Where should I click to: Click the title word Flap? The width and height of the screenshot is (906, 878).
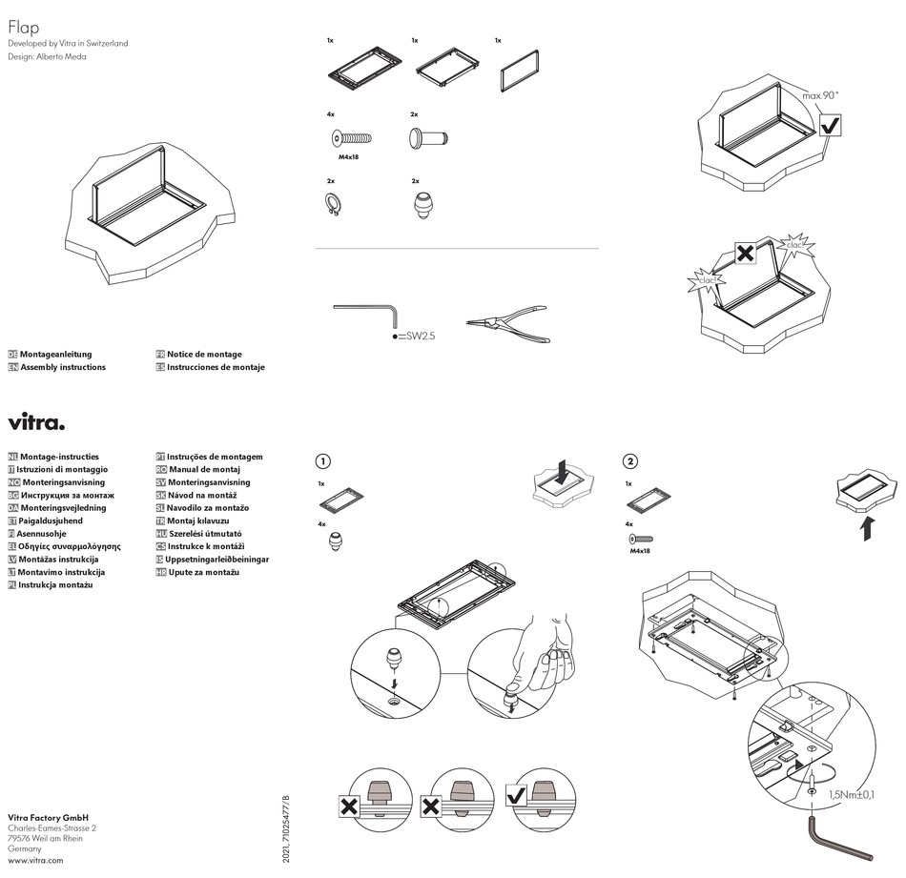click(23, 28)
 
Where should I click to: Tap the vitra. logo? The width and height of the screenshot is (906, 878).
click(36, 422)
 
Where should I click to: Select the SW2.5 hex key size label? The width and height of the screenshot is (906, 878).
click(418, 337)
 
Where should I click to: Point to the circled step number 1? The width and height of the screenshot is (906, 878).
click(323, 461)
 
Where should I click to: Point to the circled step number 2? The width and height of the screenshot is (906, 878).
click(629, 461)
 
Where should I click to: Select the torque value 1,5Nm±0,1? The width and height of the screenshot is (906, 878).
click(852, 794)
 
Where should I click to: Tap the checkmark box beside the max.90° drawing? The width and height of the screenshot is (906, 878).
click(830, 125)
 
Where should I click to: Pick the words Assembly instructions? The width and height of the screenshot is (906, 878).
click(62, 367)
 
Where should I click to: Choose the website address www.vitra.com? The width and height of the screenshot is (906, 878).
click(35, 860)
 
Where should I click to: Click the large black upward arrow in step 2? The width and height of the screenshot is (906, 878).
click(867, 526)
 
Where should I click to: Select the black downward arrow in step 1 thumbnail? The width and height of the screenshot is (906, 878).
click(563, 471)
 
